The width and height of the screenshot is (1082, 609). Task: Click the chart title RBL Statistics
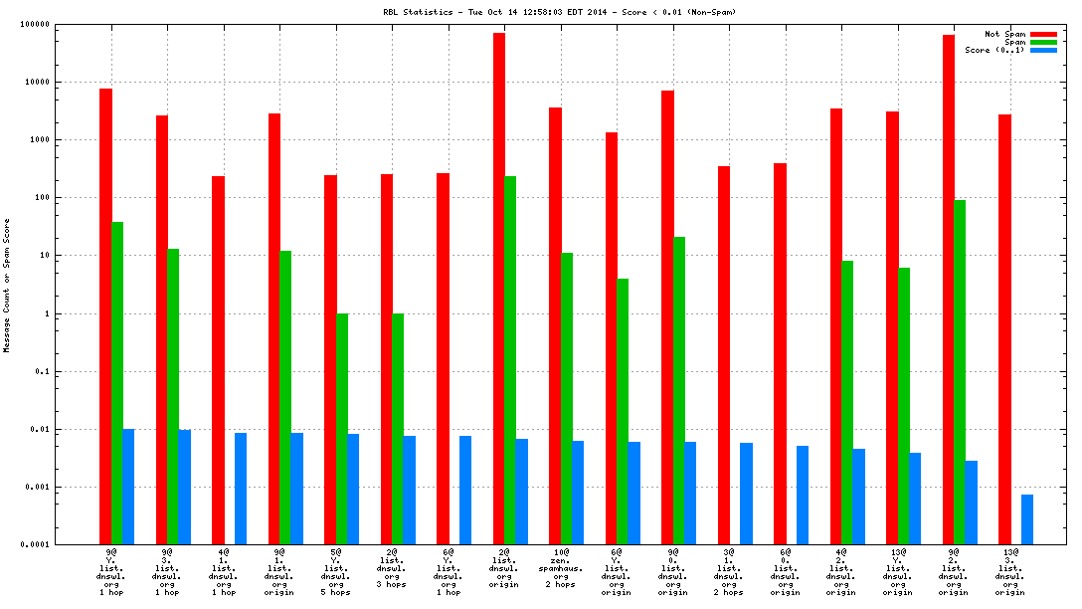pyautogui.click(x=560, y=12)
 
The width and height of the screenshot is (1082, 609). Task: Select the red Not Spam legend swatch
pyautogui.click(x=1043, y=34)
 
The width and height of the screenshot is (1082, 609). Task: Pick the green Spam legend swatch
pyautogui.click(x=1043, y=42)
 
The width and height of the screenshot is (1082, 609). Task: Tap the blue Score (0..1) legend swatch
pyautogui.click(x=1043, y=50)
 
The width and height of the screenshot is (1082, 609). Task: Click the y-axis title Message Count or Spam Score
pyautogui.click(x=8, y=286)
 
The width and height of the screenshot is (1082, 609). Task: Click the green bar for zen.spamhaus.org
pyautogui.click(x=567, y=398)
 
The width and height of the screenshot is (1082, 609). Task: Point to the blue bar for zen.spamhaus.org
pyautogui.click(x=578, y=493)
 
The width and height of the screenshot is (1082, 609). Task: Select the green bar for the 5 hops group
pyautogui.click(x=342, y=429)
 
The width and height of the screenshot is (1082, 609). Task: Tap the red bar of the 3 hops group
pyautogui.click(x=387, y=359)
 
